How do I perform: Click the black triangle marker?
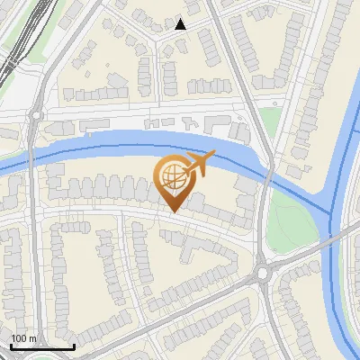181,24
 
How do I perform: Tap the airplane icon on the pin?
197,164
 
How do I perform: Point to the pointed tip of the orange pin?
173,211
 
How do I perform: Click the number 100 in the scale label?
18,338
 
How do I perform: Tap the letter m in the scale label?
32,338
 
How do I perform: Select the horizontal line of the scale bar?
42,346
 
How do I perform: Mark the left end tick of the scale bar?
11,346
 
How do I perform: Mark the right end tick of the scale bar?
74,346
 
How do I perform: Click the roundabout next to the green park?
264,271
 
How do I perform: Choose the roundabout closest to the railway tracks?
36,114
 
